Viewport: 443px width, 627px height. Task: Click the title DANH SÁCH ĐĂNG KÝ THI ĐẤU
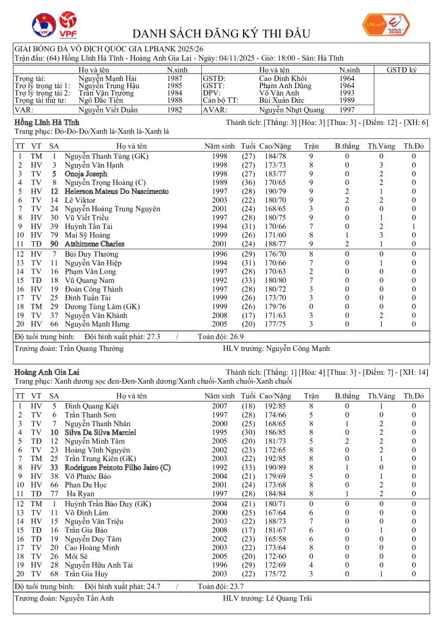point(221,34)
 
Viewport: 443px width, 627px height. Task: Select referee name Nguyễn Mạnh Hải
point(108,78)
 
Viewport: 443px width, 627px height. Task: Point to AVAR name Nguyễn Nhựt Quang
point(292,110)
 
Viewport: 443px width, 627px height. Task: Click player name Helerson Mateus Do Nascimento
point(116,191)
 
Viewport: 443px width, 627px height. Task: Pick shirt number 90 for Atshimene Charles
point(54,243)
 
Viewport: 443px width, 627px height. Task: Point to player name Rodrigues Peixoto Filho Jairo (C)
point(117,467)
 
